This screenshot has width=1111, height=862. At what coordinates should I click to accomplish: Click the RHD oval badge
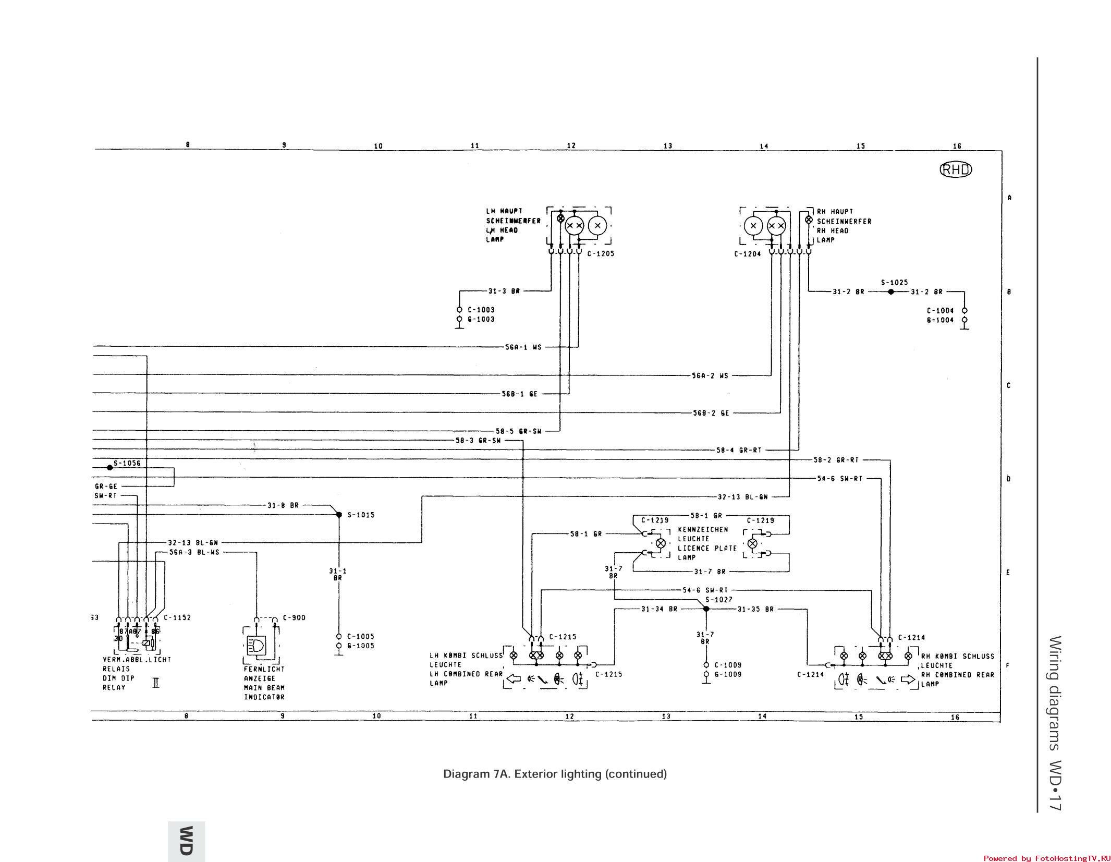point(956,170)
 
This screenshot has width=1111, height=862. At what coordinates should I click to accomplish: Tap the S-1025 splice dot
point(891,292)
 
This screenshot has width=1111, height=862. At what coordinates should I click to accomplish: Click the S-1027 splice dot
point(706,609)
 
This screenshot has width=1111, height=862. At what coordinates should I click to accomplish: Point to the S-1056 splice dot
point(109,467)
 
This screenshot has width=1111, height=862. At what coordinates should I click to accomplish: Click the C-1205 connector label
point(601,254)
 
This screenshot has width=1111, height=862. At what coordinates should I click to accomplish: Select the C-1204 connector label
point(747,254)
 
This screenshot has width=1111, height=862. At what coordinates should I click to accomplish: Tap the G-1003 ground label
point(481,319)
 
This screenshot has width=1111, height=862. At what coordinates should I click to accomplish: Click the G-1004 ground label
point(940,320)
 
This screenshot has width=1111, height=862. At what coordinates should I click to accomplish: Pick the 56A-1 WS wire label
point(523,347)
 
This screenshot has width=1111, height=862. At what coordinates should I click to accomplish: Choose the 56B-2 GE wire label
point(711,413)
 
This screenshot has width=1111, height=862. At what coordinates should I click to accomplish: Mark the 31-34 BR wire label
point(659,609)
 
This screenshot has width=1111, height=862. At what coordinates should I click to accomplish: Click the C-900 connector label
point(294,618)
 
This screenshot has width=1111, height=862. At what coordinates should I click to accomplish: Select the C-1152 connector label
point(177,618)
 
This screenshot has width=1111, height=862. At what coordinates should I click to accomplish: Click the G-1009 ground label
point(728,674)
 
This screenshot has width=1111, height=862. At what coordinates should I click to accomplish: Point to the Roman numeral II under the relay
point(155,682)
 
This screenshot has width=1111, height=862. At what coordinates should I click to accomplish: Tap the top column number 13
point(668,146)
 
